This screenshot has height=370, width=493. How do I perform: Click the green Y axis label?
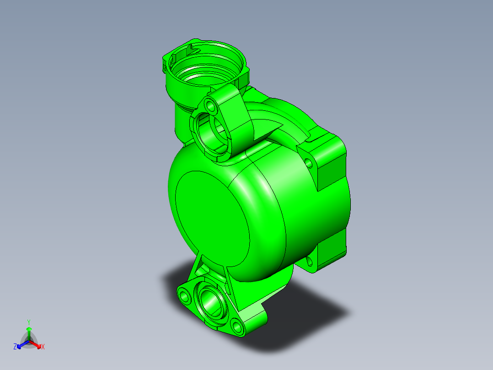[x=29, y=321]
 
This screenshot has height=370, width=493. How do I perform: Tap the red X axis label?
[x=43, y=347]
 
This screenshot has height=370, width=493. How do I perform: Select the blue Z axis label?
[x=15, y=347]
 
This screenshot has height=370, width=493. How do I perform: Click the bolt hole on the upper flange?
[x=211, y=105]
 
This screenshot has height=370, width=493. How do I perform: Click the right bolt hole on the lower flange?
[x=236, y=326]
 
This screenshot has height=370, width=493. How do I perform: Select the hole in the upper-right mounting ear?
[x=310, y=162]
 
